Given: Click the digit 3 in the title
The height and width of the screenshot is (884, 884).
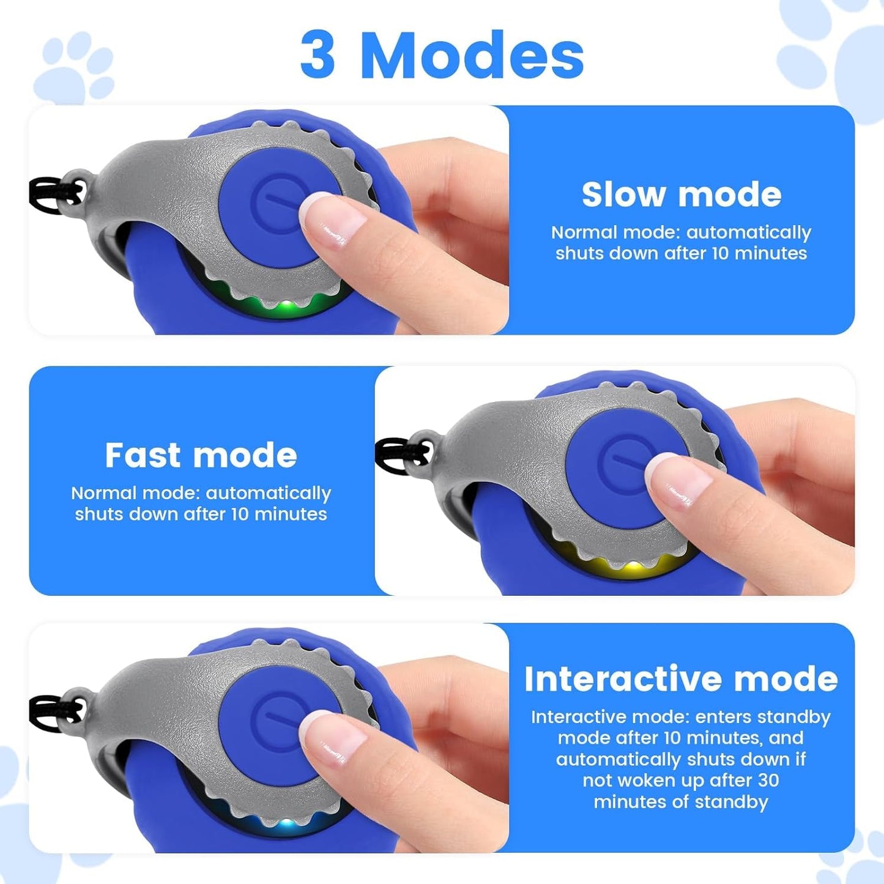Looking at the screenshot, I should pos(318,56).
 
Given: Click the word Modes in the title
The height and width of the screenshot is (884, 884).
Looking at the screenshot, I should pos(472,56).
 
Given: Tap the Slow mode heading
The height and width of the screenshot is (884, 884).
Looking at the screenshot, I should pos(681,195).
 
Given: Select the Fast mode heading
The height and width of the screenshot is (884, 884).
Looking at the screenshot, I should pos(201,455).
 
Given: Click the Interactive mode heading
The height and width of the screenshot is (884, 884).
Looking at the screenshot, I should pos(680,679).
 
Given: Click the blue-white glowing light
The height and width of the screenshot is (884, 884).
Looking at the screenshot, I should pos(284,824).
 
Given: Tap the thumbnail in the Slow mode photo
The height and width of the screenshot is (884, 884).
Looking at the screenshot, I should pos(330,221).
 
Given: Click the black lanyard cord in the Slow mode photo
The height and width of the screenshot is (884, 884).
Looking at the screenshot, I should pos(52,195).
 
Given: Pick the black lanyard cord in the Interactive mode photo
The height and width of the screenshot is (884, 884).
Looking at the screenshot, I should pos(52,713).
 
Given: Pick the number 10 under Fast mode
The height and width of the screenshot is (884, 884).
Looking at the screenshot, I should pos(240,514).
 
